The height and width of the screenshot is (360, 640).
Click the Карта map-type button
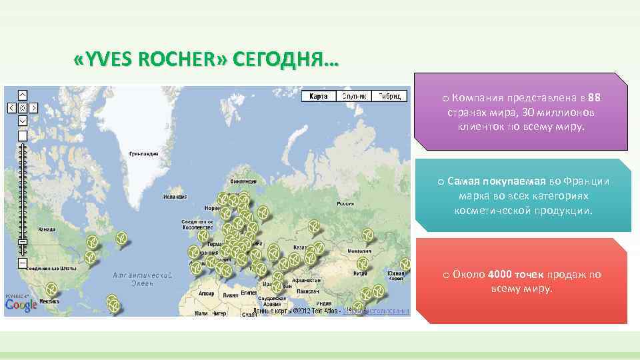click(319, 96)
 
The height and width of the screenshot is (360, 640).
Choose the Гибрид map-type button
click(389, 96)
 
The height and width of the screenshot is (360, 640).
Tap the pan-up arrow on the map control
click(22, 95)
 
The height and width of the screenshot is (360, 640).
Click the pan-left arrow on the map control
click(11, 107)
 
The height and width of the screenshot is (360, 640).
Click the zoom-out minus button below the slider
click(22, 263)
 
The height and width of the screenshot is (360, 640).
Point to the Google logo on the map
click(21, 305)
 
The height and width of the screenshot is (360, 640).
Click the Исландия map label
click(175, 197)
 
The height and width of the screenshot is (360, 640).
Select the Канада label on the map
click(47, 229)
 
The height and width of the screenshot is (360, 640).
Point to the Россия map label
click(345, 203)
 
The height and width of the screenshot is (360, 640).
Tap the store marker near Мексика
click(51, 289)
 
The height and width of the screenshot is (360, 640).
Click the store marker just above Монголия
click(367, 235)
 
